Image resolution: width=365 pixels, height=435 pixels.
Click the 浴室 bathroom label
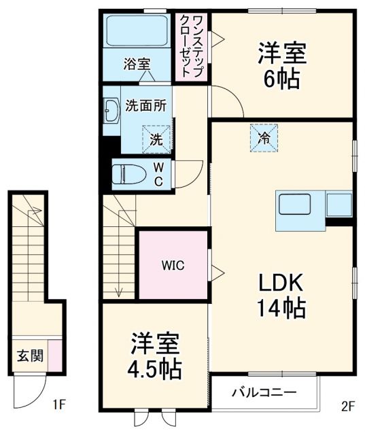click(x=137, y=65)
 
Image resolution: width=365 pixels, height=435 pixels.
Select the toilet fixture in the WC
click(x=129, y=173)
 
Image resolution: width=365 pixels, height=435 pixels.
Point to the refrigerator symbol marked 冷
click(x=263, y=137)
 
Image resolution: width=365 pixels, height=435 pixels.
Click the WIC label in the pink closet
click(x=173, y=265)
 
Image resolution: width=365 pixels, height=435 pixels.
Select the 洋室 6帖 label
click(x=281, y=65)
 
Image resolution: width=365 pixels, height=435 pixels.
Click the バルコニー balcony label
click(x=264, y=393)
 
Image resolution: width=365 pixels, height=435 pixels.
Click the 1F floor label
click(x=59, y=406)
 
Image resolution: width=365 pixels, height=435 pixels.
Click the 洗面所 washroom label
click(x=147, y=106)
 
